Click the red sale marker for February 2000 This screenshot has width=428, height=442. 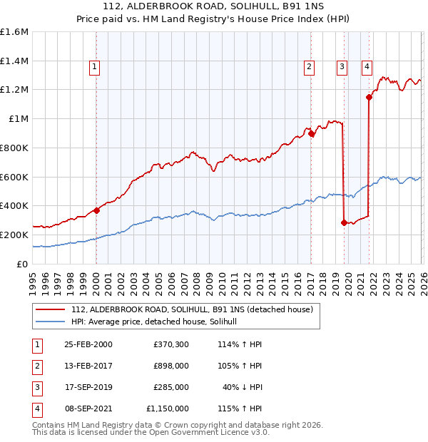click(x=96, y=210)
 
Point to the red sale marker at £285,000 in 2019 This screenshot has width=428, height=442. click(x=344, y=222)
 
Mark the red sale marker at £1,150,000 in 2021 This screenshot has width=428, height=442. click(x=369, y=98)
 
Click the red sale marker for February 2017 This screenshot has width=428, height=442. click(x=311, y=133)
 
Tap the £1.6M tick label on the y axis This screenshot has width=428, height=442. click(x=14, y=32)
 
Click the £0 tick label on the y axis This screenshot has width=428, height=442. click(x=23, y=264)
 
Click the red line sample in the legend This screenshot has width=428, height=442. click(x=50, y=310)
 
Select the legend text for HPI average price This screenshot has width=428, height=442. click(x=158, y=322)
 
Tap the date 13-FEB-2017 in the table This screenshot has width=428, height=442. click(x=88, y=366)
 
